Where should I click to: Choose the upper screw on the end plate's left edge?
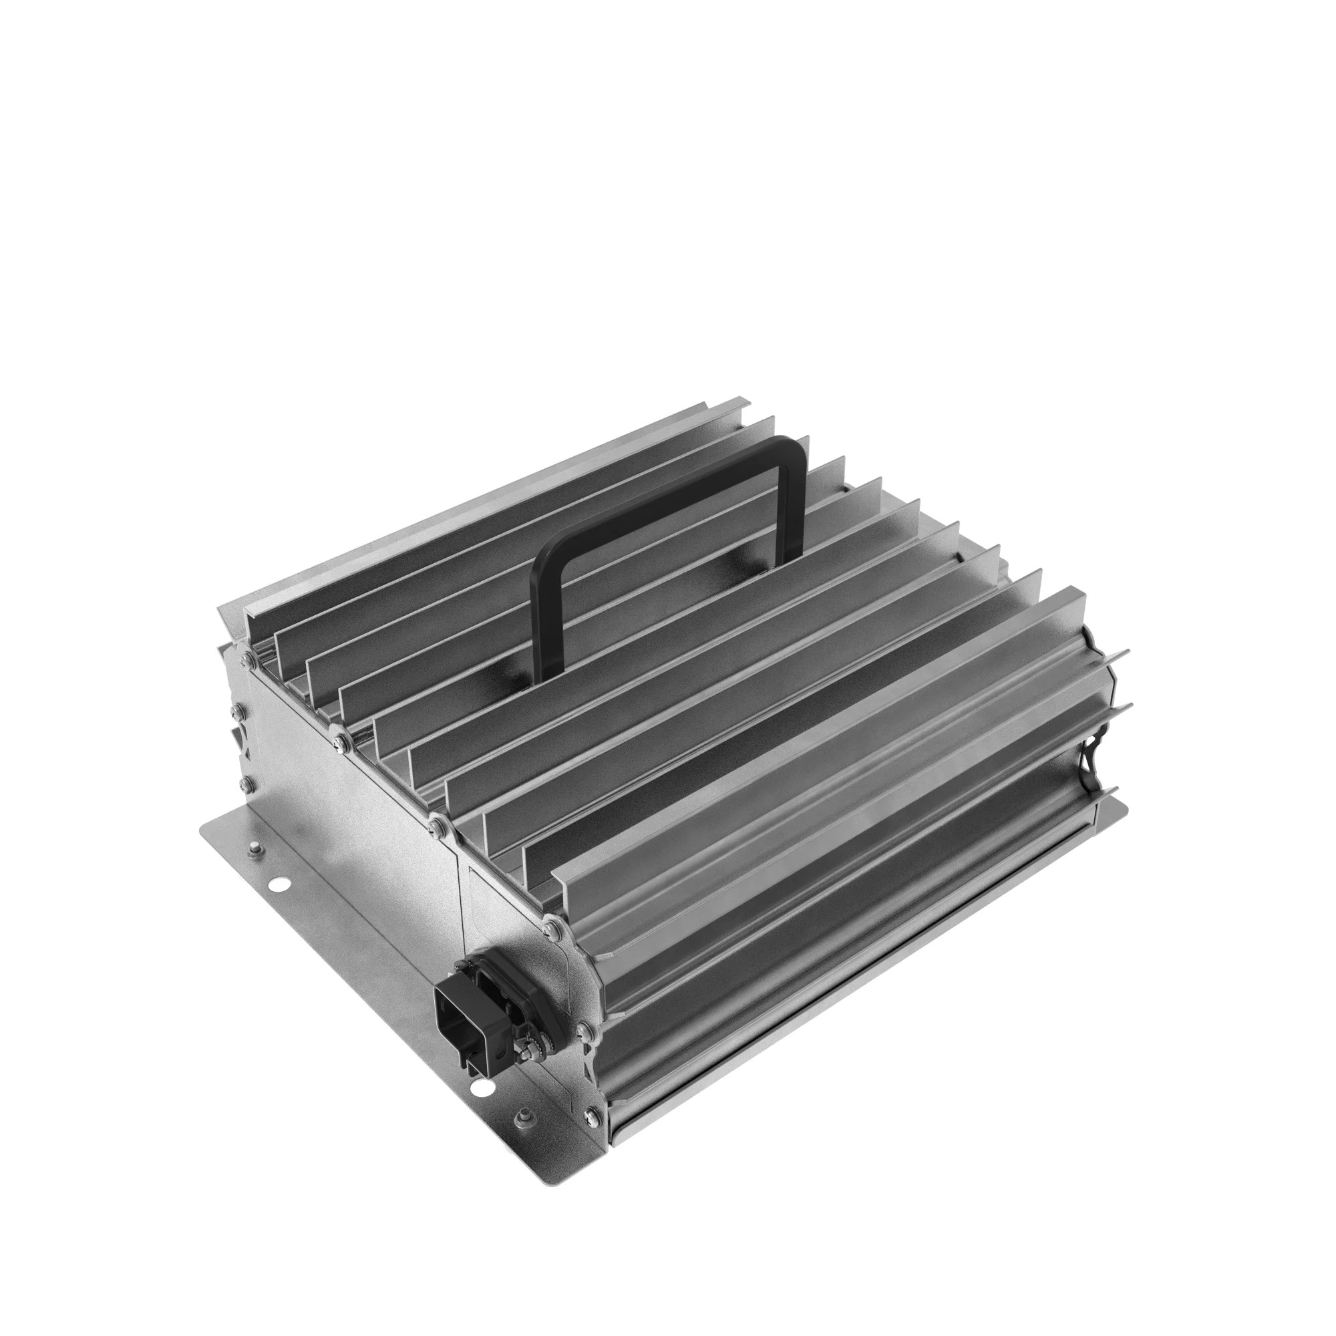click(238, 711)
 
